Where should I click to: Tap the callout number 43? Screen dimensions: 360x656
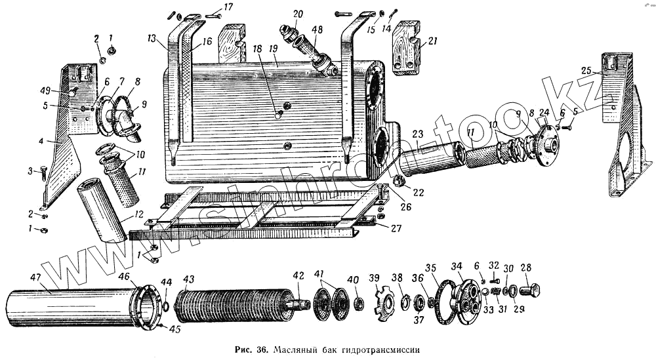click(x=189, y=279)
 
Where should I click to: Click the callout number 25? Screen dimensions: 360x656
click(x=586, y=70)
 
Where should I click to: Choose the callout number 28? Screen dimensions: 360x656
click(x=525, y=267)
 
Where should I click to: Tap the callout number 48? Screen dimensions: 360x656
click(x=318, y=30)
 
